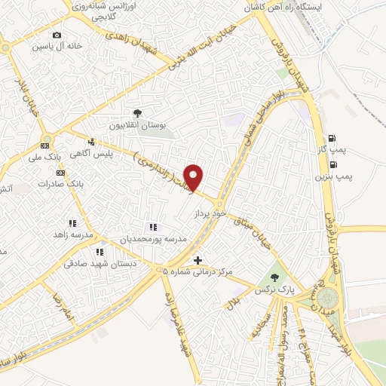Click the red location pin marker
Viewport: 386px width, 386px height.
click(194, 177)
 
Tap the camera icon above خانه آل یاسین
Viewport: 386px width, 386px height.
click(57, 35)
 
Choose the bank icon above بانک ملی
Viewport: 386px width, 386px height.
click(45, 146)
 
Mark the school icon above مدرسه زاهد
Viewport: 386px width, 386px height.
click(73, 223)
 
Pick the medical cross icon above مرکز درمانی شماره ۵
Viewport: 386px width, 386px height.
click(198, 261)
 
